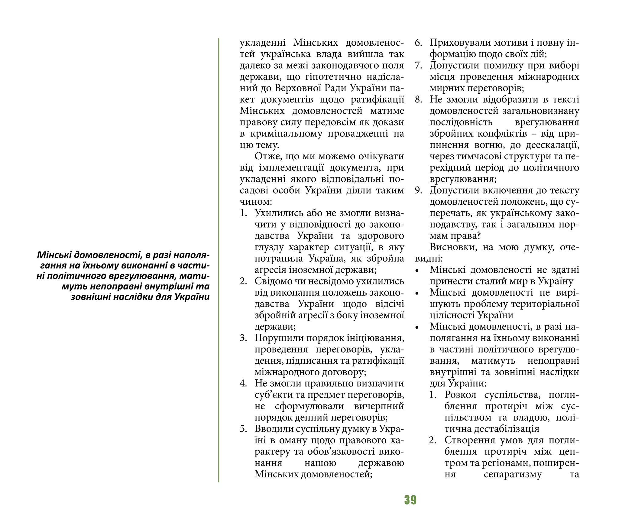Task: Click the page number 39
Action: coord(410,500)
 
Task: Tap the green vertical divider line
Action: coord(219,260)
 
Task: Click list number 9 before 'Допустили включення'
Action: coord(418,190)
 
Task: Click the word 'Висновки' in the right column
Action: coord(451,247)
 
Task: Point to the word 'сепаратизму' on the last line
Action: coord(513,474)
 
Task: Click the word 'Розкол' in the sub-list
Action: coord(460,395)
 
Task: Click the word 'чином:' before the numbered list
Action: coord(255,202)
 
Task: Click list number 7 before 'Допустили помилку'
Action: coord(418,66)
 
